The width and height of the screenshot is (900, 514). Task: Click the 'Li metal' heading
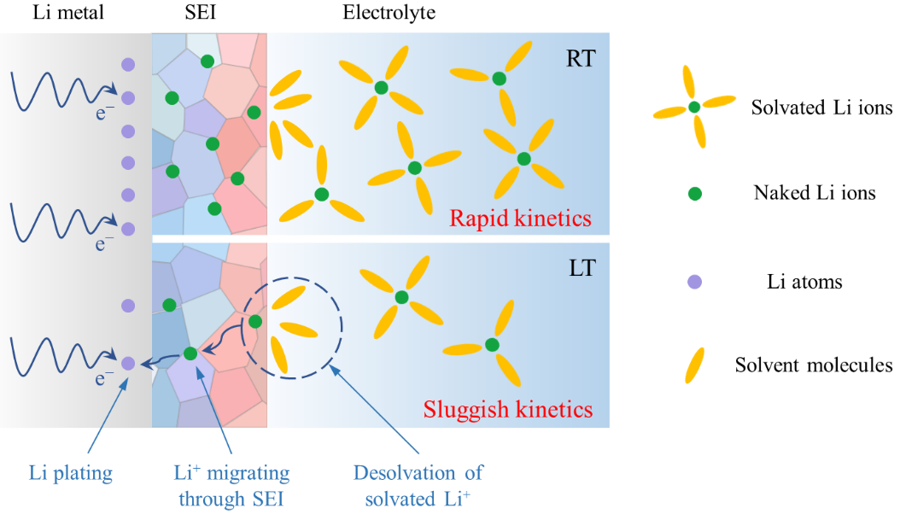[x=68, y=13]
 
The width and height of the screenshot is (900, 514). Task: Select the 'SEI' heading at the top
[x=201, y=13]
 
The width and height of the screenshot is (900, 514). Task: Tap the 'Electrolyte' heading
[x=389, y=13]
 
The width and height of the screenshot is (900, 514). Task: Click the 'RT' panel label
[x=581, y=59]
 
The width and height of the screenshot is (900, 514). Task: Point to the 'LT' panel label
[x=582, y=268]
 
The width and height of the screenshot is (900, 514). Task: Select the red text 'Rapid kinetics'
[x=520, y=218]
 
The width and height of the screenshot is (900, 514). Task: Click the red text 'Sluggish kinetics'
[x=508, y=409]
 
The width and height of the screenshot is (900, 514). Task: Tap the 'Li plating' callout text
[x=71, y=473]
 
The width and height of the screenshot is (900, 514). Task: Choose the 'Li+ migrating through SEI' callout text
[x=231, y=486]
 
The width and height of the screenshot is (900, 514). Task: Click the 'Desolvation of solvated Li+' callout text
[x=418, y=486]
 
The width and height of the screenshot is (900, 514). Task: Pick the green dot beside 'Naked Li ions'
[x=694, y=194]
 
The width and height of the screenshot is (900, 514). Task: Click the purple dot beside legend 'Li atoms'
[x=694, y=282]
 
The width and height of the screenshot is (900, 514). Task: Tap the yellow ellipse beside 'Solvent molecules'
[x=694, y=365]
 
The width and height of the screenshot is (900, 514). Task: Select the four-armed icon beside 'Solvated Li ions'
[x=694, y=107]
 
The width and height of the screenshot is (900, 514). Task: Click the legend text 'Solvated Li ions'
[x=822, y=108]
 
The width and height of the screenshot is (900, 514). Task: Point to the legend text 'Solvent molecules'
[x=814, y=365]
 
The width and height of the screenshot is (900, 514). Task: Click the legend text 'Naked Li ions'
[x=815, y=193]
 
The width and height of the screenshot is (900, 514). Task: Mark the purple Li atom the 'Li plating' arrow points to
[x=128, y=363]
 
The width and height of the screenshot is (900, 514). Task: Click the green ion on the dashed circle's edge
[x=255, y=322]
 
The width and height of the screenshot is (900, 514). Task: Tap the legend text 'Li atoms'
[x=804, y=282]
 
